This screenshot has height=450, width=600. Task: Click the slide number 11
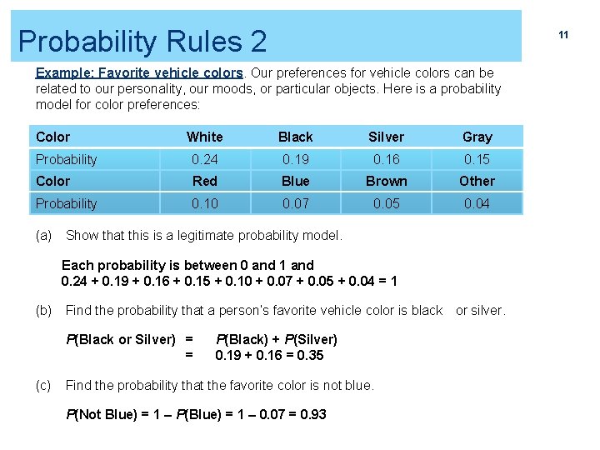point(563,35)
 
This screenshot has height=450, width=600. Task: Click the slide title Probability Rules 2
point(142,41)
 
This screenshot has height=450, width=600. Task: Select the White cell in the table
point(204,137)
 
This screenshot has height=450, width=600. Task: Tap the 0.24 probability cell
point(204,159)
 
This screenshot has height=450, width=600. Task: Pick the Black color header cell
point(295,137)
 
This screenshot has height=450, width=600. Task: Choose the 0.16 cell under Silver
point(386,159)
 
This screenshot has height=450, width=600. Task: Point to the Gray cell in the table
point(477,137)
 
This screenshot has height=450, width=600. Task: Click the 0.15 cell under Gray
point(477,159)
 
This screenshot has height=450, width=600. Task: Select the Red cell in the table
point(204,181)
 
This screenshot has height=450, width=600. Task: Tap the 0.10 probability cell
point(204,203)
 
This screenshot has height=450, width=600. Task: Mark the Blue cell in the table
point(295,181)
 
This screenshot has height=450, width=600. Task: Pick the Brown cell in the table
point(386,181)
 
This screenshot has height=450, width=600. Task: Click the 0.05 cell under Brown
point(386,203)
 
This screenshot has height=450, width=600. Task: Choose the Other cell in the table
point(477,181)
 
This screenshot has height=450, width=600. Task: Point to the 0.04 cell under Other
point(477,203)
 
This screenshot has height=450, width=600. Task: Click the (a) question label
point(43,235)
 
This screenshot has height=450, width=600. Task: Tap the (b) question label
point(43,310)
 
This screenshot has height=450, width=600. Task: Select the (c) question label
point(43,385)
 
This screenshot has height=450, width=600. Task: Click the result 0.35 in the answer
point(310,356)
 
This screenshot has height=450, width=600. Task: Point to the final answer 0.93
point(312,414)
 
